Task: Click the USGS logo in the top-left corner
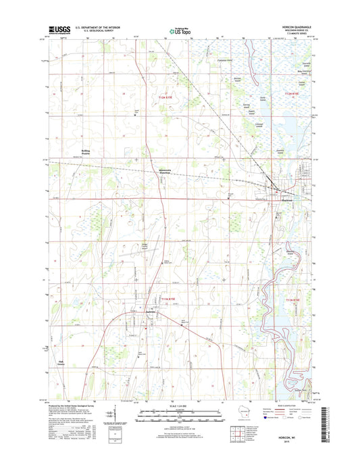57,29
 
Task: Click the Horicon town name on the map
272,199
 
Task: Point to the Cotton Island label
302,83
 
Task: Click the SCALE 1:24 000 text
180,406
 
